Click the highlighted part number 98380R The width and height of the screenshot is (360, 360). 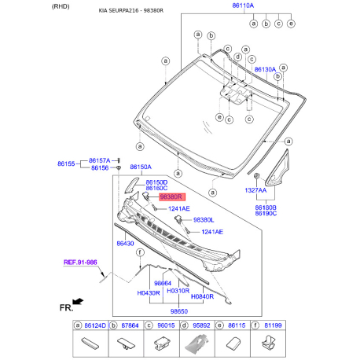[x=171, y=198]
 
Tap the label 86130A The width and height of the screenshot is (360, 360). [x=265, y=69]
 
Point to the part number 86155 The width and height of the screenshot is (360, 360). [x=66, y=164]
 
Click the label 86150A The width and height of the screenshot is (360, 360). [x=141, y=167]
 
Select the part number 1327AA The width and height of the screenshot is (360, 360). [x=255, y=190]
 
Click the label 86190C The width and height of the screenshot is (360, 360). [x=266, y=213]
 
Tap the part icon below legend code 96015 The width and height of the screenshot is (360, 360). [x=160, y=343]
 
